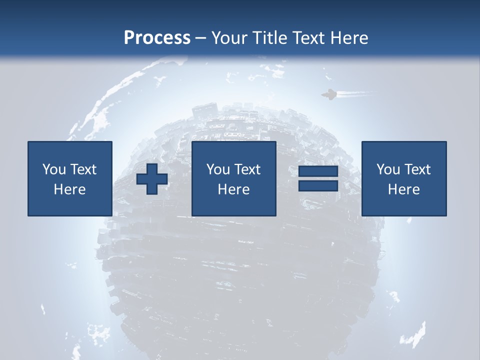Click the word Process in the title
pyautogui.click(x=157, y=38)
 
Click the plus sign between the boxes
pyautogui.click(x=152, y=179)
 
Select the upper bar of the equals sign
pyautogui.click(x=318, y=171)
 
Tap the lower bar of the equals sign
pyautogui.click(x=318, y=185)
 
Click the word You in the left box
pyautogui.click(x=53, y=169)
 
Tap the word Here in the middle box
pyautogui.click(x=234, y=189)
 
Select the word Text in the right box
pyautogui.click(x=417, y=169)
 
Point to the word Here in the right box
pyautogui.click(x=404, y=189)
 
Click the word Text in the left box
pyautogui.click(x=83, y=169)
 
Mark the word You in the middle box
pyautogui.click(x=217, y=169)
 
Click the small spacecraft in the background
pyautogui.click(x=329, y=94)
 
